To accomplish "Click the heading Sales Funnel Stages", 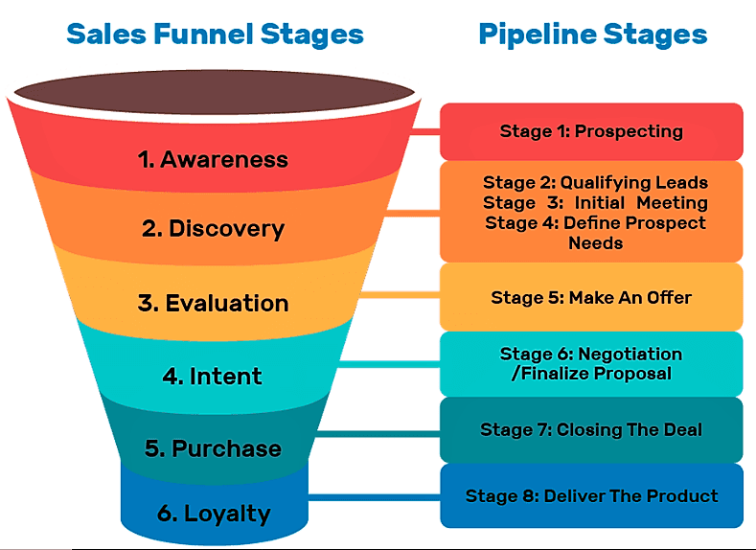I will coord(215,35).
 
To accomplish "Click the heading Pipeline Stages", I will coord(592,35).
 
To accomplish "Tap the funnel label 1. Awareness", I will coord(213,159).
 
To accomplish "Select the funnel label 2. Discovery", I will coord(213,229).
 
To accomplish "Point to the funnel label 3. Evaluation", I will coord(213,303).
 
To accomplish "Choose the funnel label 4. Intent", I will coord(213,376).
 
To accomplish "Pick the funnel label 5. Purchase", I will coord(213,448).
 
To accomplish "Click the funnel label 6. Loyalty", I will coord(213,513).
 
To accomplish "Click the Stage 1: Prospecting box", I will coord(591,131).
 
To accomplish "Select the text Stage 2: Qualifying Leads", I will coord(595,182).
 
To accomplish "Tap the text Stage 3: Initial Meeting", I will coord(595,202).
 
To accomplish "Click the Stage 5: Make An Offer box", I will coord(591,297).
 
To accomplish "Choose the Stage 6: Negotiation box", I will coord(591,363).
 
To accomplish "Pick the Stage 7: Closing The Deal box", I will coord(591,429).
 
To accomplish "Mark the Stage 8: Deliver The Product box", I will coord(591,495).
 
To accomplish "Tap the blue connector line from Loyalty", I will coord(374,497).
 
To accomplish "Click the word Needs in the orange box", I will coord(595,243).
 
